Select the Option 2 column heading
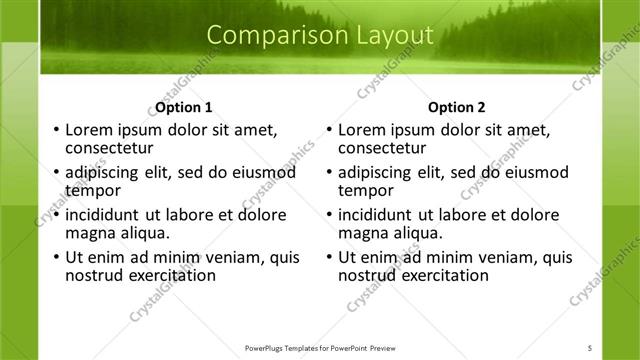pyautogui.click(x=456, y=107)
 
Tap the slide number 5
pyautogui.click(x=590, y=347)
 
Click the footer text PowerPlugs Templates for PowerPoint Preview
pyautogui.click(x=319, y=347)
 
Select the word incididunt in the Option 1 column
pyautogui.click(x=105, y=214)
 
